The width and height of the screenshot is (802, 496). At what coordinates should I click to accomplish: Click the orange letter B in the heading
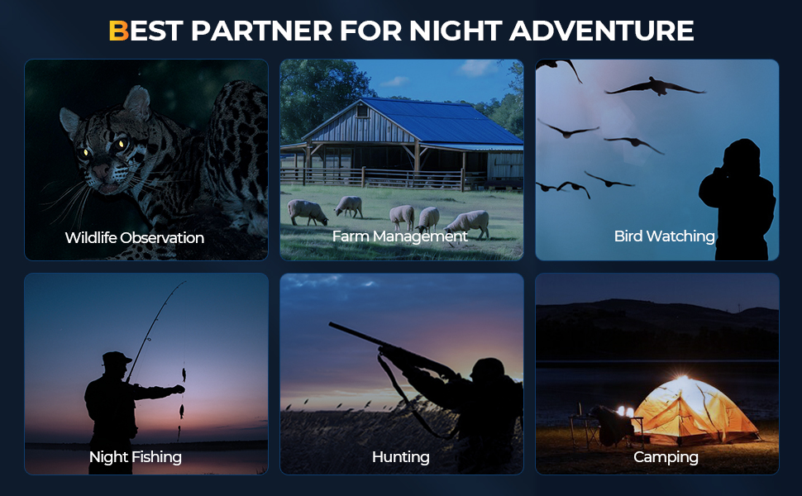[119, 31]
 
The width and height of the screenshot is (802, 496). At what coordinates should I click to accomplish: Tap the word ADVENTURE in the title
[602, 31]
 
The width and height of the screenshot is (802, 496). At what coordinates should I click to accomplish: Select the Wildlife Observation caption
[135, 238]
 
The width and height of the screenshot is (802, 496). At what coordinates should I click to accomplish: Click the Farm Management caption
[400, 236]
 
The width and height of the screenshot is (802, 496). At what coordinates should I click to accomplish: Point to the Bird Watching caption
[665, 236]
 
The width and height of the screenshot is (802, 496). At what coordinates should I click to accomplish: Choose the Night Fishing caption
[136, 457]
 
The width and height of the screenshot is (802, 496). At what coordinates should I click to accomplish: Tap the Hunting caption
[401, 457]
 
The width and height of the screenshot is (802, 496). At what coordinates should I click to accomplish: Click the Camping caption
[666, 457]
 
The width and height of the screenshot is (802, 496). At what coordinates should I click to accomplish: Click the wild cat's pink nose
[100, 171]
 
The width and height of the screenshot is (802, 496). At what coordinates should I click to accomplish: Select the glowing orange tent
[694, 411]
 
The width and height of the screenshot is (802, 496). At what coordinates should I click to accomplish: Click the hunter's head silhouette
[488, 370]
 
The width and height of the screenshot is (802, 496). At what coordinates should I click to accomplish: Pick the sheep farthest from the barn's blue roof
[307, 212]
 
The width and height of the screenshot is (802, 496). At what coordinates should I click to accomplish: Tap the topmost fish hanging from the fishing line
[184, 374]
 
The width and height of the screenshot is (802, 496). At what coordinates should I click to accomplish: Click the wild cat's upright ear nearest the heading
[137, 103]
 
